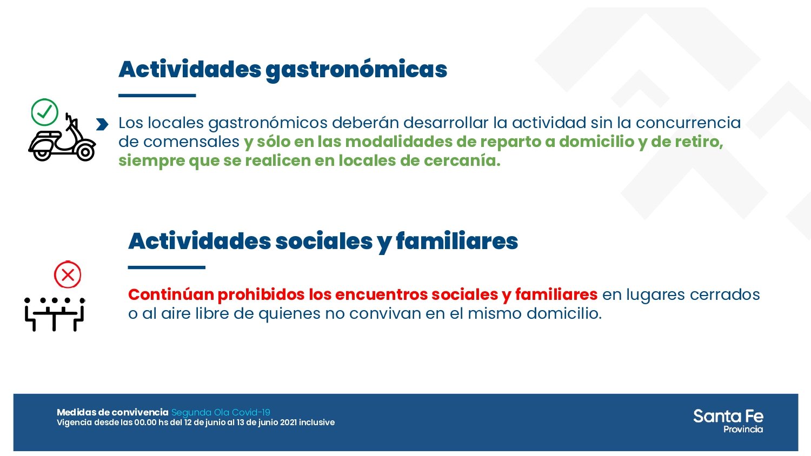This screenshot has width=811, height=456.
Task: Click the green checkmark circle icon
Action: [44, 112]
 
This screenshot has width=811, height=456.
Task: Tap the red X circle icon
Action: [68, 275]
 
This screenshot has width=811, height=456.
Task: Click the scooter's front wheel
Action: [85, 152]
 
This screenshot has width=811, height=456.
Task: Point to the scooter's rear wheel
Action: [42, 153]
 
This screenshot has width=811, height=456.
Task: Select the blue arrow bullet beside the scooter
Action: [102, 125]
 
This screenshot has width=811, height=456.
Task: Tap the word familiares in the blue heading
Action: [457, 241]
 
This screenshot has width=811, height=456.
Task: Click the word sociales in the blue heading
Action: [324, 241]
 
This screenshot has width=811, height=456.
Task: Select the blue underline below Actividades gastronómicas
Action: [157, 96]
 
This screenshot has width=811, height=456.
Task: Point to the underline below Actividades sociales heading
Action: [167, 267]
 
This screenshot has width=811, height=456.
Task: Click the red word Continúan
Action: [171, 294]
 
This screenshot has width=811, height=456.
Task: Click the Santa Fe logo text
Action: [728, 416]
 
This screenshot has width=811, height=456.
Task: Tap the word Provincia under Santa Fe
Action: [743, 430]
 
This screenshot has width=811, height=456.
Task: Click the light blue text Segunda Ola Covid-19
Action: [221, 412]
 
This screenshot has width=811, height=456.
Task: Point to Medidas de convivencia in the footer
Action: [112, 412]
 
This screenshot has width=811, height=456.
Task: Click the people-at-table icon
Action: [55, 314]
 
